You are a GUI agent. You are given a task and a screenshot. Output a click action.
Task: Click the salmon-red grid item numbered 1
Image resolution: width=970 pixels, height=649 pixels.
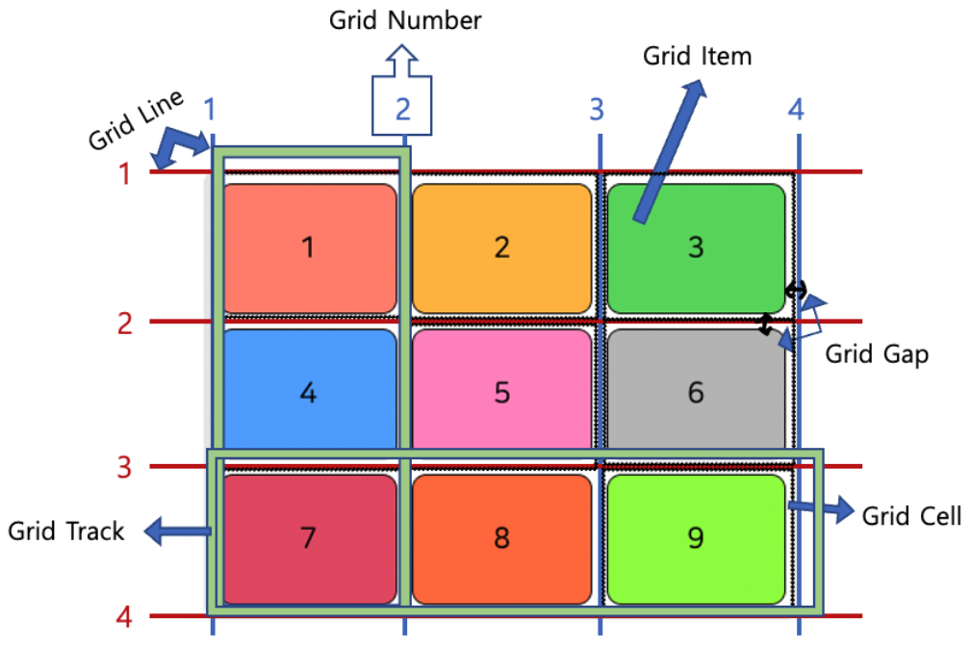coord(309,247)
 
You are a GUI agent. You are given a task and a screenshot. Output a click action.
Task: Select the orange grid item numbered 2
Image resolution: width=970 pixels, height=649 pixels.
coord(501,247)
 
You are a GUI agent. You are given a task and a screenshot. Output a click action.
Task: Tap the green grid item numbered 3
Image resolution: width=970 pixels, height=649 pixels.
coord(696,247)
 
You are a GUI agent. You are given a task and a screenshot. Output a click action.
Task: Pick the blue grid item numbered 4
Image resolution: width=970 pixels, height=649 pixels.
coord(309,392)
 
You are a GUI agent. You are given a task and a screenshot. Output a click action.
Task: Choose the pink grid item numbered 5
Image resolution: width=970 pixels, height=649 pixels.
coord(501,392)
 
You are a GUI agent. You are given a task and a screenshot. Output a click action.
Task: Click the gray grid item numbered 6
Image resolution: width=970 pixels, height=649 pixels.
coord(696,392)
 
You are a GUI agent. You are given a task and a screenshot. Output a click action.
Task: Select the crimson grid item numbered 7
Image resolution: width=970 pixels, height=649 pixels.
coord(309,537)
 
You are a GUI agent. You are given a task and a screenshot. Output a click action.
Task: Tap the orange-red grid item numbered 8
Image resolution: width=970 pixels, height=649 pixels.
coord(501,537)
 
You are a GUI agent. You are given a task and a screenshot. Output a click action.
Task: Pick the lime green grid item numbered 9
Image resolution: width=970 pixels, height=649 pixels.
coord(696,537)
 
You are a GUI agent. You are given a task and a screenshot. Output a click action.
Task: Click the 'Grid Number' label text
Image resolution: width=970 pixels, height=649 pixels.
coord(405,19)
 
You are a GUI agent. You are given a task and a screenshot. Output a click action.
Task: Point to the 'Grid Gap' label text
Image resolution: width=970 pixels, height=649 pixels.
coord(877,354)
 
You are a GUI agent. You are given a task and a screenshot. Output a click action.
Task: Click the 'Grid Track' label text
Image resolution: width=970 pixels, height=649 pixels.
coord(66,531)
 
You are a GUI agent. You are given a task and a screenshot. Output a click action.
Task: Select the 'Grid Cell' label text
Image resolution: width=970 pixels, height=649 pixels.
coord(911,516)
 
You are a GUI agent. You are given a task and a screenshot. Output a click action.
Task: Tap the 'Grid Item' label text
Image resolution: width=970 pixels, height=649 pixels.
coord(697,56)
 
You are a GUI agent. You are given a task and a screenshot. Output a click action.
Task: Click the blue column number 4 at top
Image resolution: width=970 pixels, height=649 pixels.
coord(795,110)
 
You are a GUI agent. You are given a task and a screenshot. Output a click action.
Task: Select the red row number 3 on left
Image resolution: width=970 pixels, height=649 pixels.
coord(124,468)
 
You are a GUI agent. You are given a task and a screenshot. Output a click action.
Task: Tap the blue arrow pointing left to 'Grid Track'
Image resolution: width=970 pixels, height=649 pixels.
coord(178,530)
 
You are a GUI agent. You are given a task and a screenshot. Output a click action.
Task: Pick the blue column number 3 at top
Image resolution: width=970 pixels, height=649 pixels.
coord(597,110)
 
